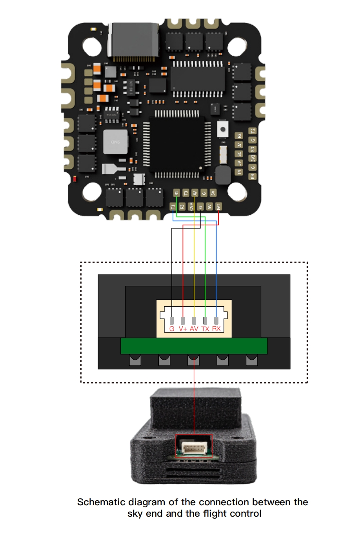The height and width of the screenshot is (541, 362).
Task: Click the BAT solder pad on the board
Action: [218, 207]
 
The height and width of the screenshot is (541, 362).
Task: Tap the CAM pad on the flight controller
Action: [191, 207]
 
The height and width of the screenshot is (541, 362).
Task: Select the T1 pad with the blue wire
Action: [173, 207]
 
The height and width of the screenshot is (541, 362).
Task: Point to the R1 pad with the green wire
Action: [176, 193]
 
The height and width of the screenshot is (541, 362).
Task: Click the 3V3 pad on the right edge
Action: [253, 158]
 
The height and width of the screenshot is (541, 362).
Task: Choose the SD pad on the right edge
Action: [253, 149]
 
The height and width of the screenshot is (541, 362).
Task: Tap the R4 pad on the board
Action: [253, 176]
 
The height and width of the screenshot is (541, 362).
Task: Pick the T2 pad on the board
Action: [253, 131]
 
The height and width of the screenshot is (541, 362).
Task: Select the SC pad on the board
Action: [239, 154]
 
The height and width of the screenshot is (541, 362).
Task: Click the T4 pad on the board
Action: [239, 172]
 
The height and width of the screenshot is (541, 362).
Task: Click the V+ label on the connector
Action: [183, 329]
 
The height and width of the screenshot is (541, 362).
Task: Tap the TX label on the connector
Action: [205, 329]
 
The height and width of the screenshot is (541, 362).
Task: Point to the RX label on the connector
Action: [216, 329]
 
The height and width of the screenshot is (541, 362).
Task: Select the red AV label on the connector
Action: [194, 329]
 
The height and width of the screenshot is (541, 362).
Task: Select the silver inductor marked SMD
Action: [115, 142]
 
